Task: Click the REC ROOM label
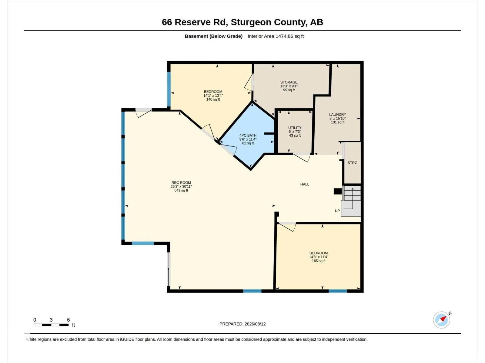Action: point(181,182)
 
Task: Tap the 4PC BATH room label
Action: point(248,135)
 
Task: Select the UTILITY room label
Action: point(295,128)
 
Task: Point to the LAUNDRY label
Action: point(337,114)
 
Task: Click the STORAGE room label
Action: point(289,82)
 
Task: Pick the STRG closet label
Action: point(352,163)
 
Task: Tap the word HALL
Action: point(304,184)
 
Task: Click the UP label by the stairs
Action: point(337,211)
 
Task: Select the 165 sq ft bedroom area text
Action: point(318,261)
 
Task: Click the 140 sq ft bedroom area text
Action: point(213,100)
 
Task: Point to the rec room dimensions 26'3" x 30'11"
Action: point(181,186)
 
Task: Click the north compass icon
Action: point(442,320)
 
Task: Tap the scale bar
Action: point(51,325)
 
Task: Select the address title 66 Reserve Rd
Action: point(195,22)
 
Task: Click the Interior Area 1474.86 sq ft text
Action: point(276,36)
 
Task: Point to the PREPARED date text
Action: point(242,324)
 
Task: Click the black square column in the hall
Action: point(337,191)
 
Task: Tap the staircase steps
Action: point(351,201)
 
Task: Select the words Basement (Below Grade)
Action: point(213,36)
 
